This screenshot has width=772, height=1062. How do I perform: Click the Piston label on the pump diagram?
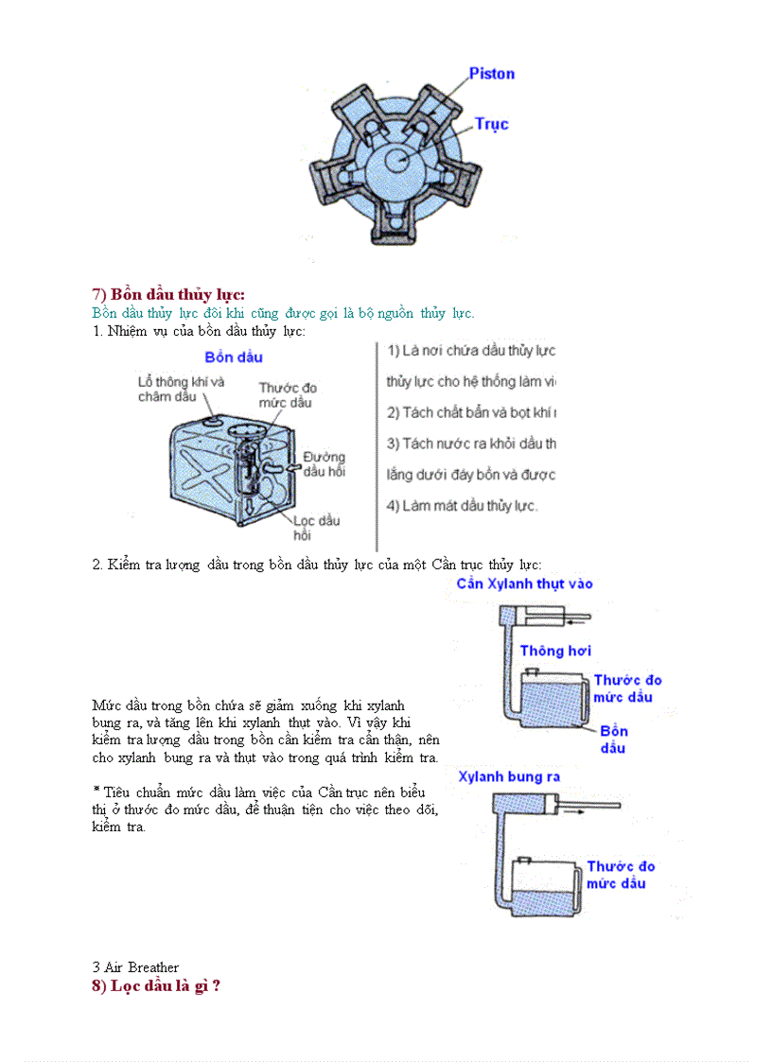point(492,74)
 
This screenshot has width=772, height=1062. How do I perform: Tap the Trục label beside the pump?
point(491,124)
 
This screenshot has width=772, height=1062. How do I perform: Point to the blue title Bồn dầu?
point(234,357)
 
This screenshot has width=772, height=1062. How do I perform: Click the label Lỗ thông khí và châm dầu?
point(181,389)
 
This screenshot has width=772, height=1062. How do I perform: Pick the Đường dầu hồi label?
point(325,463)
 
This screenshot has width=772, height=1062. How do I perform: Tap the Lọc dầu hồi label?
point(316,527)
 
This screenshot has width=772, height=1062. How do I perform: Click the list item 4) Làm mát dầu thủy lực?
point(463,505)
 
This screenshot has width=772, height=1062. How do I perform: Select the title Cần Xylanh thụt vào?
point(524,583)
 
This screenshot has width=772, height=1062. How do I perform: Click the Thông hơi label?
point(555,651)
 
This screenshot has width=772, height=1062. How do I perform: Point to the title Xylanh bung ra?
point(509,776)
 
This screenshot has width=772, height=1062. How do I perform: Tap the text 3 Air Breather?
point(135,966)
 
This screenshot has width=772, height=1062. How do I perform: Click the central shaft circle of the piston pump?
point(398,162)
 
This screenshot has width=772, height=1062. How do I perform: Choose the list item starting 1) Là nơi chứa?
point(470,351)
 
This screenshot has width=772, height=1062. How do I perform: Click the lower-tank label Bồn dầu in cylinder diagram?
point(613,739)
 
